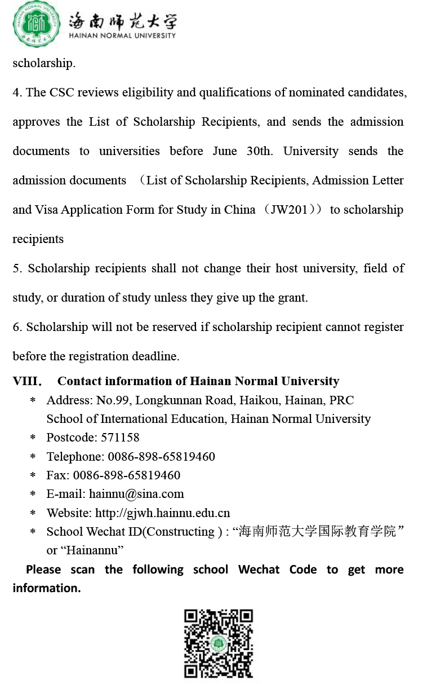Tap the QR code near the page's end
tap(219, 643)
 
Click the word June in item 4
tap(225, 151)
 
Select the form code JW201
tap(289, 210)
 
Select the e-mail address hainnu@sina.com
tap(136, 494)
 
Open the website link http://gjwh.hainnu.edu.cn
tap(162, 513)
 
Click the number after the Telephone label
tap(161, 456)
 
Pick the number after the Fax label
tap(127, 475)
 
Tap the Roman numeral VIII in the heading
tap(25, 381)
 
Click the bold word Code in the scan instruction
tap(303, 570)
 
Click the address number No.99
tap(113, 400)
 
